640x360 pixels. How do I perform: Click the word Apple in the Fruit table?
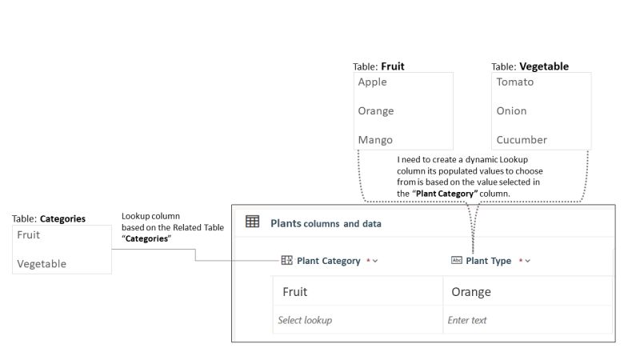click(373, 82)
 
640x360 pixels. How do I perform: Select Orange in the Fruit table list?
click(376, 110)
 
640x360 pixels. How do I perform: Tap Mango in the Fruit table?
click(375, 139)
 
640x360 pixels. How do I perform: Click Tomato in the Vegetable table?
click(514, 82)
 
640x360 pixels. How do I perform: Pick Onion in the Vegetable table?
click(511, 110)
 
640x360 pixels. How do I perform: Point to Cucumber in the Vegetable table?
click(522, 139)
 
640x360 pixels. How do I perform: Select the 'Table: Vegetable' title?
click(530, 66)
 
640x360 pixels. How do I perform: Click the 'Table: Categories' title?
click(49, 218)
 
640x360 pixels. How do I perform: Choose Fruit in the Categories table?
click(29, 234)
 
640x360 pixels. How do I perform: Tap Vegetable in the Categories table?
click(42, 263)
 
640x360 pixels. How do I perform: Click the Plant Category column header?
click(328, 261)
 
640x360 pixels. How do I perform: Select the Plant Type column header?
click(488, 261)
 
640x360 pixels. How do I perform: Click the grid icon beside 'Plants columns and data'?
click(252, 222)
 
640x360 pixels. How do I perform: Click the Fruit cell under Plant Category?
click(295, 292)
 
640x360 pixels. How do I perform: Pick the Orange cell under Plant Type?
click(471, 292)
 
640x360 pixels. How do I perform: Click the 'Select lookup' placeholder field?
click(305, 320)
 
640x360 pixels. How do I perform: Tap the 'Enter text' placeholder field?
click(467, 320)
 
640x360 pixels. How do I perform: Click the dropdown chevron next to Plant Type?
click(528, 261)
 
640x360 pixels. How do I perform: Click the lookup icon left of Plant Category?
click(286, 261)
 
